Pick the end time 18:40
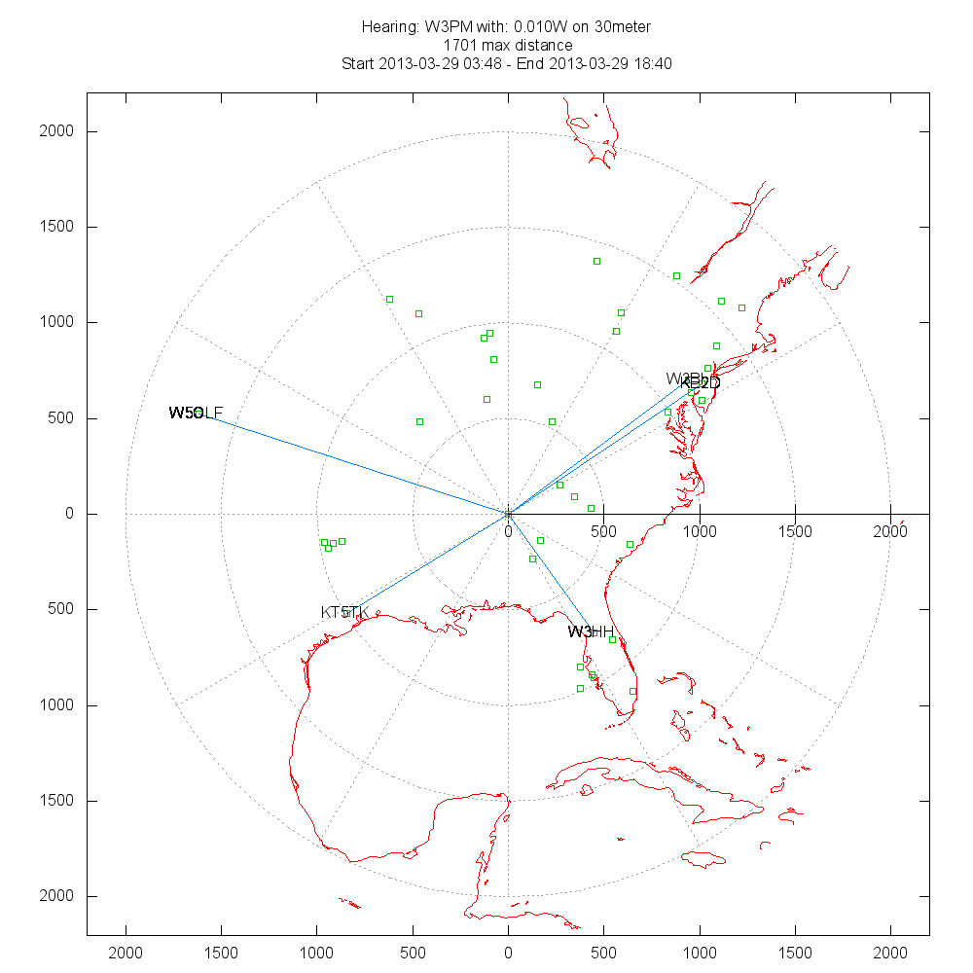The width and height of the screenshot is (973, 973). click(x=653, y=63)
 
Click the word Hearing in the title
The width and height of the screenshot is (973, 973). click(x=390, y=26)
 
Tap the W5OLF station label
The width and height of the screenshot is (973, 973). click(x=196, y=414)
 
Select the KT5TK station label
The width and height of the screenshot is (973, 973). click(x=345, y=612)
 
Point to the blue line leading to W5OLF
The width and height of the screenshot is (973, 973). click(x=350, y=463)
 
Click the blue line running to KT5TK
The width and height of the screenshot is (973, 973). click(x=428, y=561)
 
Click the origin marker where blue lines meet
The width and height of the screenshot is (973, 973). click(x=508, y=513)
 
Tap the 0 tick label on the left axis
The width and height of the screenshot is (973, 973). click(x=69, y=514)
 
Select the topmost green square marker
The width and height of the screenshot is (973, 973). click(x=596, y=261)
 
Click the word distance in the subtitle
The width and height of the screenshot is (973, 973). click(x=545, y=45)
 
